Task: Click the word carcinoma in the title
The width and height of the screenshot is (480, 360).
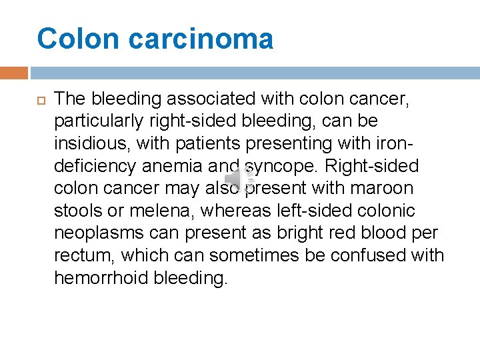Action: pos(201,39)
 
